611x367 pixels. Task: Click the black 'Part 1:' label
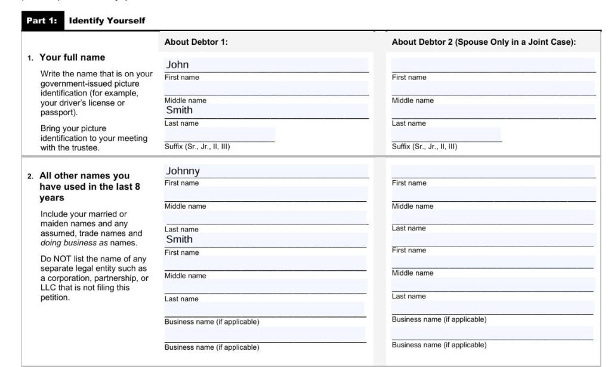(x=42, y=20)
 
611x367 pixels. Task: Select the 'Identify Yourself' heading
(x=107, y=20)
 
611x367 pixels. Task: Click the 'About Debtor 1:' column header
(x=196, y=42)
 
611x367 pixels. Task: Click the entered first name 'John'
(x=177, y=64)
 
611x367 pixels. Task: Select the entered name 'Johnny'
(x=183, y=171)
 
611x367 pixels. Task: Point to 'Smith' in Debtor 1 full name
(x=179, y=110)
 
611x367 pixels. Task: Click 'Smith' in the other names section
(x=179, y=239)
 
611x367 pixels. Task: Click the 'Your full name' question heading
(x=72, y=57)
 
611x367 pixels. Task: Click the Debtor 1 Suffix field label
(x=197, y=146)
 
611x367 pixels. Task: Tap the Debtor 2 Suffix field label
(x=424, y=146)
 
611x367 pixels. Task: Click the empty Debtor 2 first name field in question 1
(x=493, y=64)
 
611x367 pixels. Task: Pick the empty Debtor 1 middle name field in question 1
(x=266, y=88)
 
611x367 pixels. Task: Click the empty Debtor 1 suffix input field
(x=219, y=134)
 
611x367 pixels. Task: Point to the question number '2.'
(x=30, y=177)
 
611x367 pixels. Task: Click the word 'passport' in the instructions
(x=58, y=112)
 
